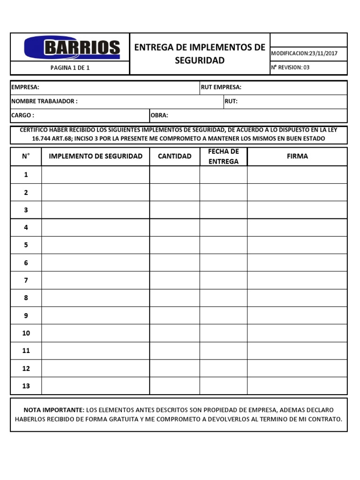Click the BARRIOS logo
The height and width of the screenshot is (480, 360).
point(72,47)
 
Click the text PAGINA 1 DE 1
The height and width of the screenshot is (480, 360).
point(70,68)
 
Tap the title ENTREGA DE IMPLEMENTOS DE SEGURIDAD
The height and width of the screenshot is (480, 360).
point(200,54)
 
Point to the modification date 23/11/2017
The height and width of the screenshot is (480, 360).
point(323,53)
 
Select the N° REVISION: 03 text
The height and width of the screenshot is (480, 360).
point(290,67)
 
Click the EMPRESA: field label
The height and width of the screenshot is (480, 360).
point(25,88)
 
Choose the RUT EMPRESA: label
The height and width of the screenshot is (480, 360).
point(221,88)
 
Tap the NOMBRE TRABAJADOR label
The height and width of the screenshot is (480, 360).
point(44,101)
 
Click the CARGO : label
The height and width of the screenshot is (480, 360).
point(22,115)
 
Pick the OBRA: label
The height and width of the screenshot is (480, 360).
point(159,115)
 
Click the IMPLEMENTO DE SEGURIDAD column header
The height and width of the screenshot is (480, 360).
point(96,156)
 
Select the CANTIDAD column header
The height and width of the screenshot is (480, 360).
point(174,156)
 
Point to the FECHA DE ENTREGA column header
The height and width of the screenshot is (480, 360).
point(224,157)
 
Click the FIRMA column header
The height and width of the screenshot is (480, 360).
point(297,156)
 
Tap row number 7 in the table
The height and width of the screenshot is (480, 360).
point(26,280)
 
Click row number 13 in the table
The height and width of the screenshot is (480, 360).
point(26,386)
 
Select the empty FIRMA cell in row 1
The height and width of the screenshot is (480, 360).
point(297,175)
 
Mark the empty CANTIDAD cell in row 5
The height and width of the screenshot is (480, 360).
point(174,245)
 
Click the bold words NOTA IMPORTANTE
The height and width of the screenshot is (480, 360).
point(54,409)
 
